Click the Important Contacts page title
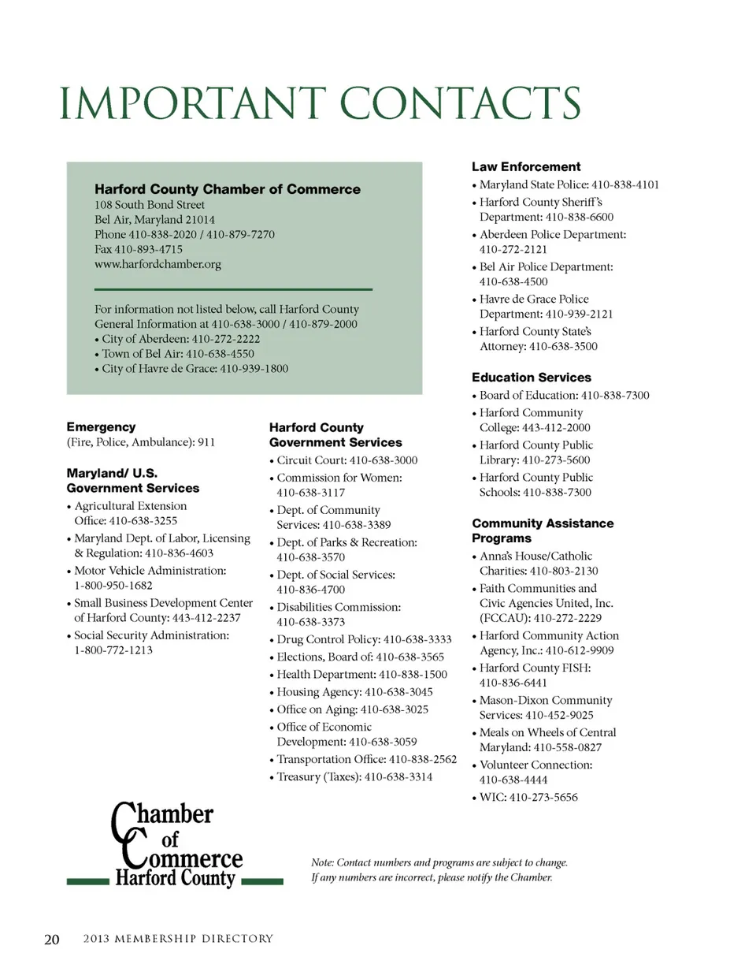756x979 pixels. point(320,103)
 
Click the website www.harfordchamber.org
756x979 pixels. point(157,264)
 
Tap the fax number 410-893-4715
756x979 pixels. point(148,249)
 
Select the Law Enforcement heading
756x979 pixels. point(526,167)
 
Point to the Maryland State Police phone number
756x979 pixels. point(625,184)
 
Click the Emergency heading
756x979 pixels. point(101,427)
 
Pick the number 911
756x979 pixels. point(206,442)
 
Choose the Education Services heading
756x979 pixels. point(532,378)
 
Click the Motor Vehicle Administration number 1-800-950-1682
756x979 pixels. point(113,586)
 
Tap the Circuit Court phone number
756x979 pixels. point(384,460)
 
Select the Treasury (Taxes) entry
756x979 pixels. point(354,777)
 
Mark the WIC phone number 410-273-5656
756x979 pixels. point(543,797)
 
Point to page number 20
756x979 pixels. point(51,939)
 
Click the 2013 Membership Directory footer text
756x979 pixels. point(178,939)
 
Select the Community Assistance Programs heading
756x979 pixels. point(543,530)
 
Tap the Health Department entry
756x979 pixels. point(361,675)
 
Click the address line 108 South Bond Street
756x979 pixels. point(150,205)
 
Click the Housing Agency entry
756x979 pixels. point(354,692)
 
